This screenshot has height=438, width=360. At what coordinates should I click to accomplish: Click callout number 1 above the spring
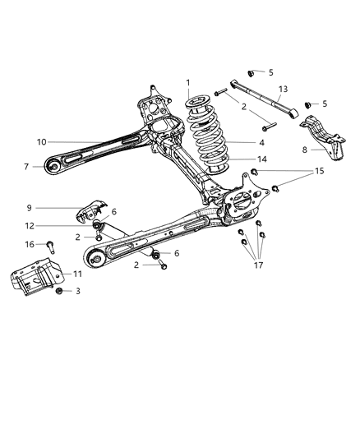tap(188, 82)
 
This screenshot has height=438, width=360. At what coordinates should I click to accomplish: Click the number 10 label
tap(40, 142)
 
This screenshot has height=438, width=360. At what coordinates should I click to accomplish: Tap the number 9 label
tap(30, 208)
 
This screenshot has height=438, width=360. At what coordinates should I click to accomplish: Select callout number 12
tap(30, 226)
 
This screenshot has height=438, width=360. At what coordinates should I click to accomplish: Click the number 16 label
tap(30, 244)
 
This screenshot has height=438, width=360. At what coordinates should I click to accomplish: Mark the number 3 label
tap(79, 291)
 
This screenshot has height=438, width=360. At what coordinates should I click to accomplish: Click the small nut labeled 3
tap(59, 291)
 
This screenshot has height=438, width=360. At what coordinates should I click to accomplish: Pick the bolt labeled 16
tap(51, 245)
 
